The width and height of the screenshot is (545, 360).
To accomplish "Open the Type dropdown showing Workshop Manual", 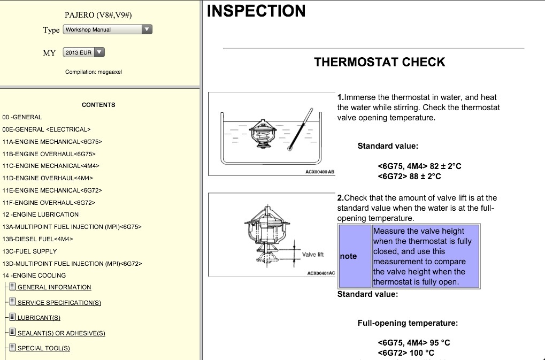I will point(108,30).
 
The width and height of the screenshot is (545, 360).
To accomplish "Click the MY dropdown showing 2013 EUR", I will point(83,52).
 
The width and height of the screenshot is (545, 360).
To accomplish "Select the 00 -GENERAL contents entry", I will point(22,117).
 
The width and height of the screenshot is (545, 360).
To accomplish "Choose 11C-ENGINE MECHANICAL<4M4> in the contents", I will point(51,166).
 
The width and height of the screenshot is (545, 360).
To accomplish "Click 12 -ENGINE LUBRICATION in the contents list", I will point(41,215).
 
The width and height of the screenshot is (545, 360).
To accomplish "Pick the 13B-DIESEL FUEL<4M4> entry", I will point(37,239).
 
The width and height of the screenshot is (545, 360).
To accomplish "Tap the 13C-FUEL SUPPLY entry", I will point(29,251).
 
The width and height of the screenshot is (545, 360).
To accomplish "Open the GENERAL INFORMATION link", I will point(54,287).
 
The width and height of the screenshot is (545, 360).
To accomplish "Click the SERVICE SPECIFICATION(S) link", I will point(59,303).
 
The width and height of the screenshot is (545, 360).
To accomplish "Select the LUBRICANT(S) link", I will point(39,318).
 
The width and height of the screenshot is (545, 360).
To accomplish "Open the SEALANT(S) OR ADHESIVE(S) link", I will point(61,333).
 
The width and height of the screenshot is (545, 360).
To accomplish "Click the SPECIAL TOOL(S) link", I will point(43,348).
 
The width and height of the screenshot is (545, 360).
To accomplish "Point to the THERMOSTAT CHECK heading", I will point(380,62).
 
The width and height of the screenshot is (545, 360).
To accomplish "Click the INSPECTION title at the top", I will point(256,11).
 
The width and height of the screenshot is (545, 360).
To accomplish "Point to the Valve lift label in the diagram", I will point(313,254).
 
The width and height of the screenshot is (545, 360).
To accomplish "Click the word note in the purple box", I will point(349,256).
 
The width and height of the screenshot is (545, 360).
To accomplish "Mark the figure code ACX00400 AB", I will point(320,172).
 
